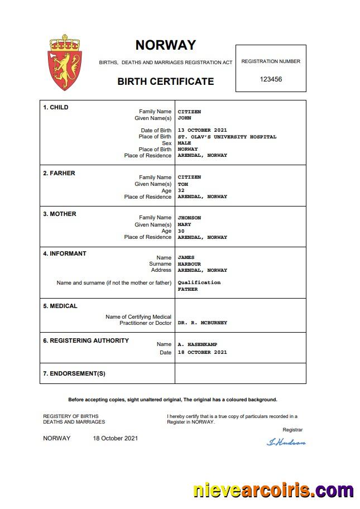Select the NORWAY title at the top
pyautogui.click(x=165, y=45)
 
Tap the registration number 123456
pyautogui.click(x=271, y=79)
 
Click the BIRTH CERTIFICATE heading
pyautogui.click(x=165, y=81)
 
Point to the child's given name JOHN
pyautogui.click(x=184, y=118)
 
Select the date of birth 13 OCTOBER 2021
pyautogui.click(x=202, y=131)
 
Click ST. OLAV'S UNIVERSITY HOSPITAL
pyautogui.click(x=227, y=137)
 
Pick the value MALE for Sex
pyautogui.click(x=184, y=143)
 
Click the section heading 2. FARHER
pyautogui.click(x=59, y=173)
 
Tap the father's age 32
pyautogui.click(x=181, y=190)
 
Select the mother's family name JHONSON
pyautogui.click(x=189, y=218)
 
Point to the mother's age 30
pyautogui.click(x=181, y=231)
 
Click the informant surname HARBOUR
pyautogui.click(x=189, y=264)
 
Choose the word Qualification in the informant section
pyautogui.click(x=199, y=282)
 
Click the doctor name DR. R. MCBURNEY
pyautogui.click(x=202, y=323)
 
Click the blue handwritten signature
pyautogui.click(x=286, y=442)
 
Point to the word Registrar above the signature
pyautogui.click(x=292, y=430)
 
